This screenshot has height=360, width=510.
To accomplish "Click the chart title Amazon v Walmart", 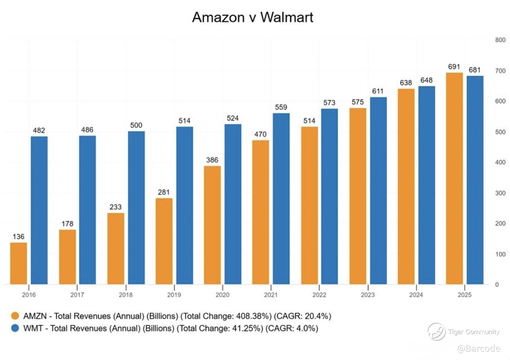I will coord(253,17).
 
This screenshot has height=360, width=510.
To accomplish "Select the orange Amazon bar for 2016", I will coord(19,263).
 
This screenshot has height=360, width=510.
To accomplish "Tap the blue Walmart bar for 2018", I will coord(136,208).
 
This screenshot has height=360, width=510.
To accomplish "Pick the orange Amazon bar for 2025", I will coord(454,178).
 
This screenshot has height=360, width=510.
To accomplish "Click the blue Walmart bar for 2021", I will coord(281,199).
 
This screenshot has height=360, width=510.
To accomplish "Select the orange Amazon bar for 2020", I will coord(212,225).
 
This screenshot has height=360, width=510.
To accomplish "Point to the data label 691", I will coord(454,67).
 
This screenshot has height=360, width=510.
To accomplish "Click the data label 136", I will coord(18,237).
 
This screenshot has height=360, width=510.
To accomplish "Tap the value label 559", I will coord(281,107).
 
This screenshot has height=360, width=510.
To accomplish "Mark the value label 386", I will coord(212,160).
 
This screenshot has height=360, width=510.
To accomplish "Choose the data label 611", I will coord(378,91).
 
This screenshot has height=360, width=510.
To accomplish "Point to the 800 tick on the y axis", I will coord(500,40).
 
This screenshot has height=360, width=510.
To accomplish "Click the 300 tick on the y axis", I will coord(500,193).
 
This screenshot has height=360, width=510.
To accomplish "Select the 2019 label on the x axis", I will coord(174,295).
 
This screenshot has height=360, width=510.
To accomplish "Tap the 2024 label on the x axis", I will coord(416,295).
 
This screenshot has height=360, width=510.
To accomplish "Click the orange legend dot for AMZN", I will coord(15,316).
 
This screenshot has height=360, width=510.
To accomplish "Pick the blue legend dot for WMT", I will coord(15,328).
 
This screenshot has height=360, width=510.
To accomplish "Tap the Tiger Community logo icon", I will coord(436,331).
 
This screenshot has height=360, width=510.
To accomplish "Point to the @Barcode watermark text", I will coord(478,349).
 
